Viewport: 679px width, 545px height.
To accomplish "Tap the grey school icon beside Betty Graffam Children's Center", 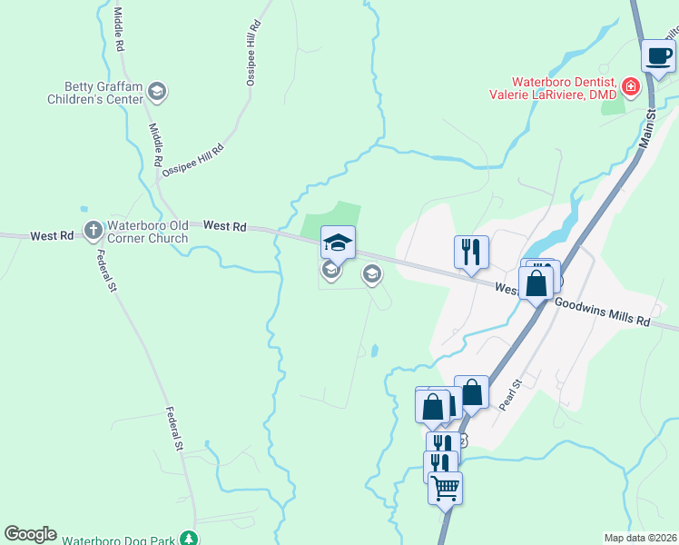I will [158, 91].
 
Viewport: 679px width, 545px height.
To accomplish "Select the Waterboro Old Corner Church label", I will [147, 232].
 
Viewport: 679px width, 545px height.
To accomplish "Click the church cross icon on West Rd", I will [93, 231].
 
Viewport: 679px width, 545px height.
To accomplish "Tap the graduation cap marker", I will [338, 242].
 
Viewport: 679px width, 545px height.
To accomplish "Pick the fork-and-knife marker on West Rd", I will [471, 251].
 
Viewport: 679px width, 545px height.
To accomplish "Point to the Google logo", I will [30, 534].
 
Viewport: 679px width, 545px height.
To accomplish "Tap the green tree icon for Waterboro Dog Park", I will [189, 539].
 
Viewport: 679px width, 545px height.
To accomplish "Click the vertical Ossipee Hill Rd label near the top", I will [254, 54].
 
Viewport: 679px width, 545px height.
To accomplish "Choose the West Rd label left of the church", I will [52, 235].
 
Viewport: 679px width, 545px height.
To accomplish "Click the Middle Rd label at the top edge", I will [118, 26].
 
